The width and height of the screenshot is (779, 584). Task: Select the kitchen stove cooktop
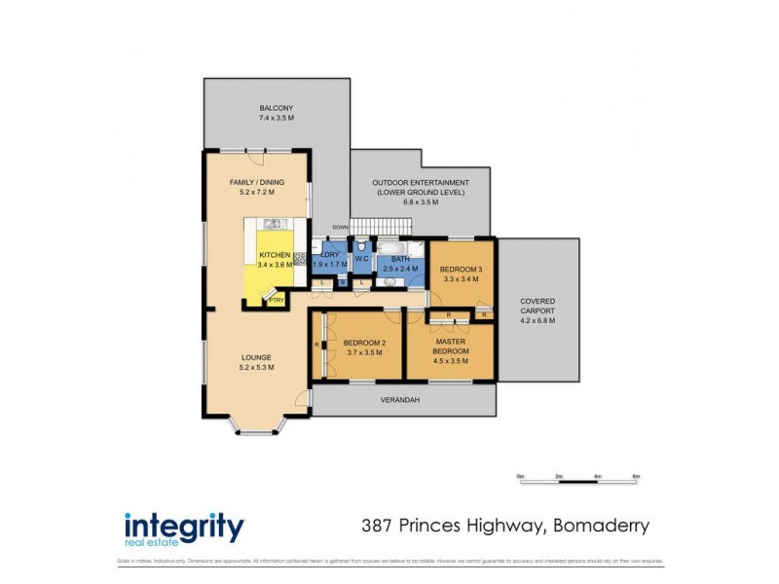point(300,259)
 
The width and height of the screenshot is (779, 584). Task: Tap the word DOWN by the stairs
point(340,227)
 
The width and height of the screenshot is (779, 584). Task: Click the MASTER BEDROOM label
point(452,346)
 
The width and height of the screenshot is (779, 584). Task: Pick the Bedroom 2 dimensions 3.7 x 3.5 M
point(364,351)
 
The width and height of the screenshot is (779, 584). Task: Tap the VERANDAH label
point(399,399)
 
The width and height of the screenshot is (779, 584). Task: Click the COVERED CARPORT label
point(538,307)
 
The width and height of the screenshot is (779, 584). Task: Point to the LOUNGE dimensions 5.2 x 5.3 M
point(257,368)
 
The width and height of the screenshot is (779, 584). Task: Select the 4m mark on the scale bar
point(597,476)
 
